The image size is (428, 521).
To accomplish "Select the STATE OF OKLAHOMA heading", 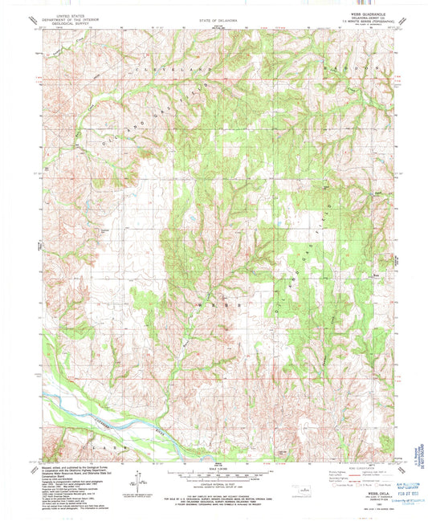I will [x=216, y=17].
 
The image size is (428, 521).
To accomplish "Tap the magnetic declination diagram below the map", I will [x=140, y=484].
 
